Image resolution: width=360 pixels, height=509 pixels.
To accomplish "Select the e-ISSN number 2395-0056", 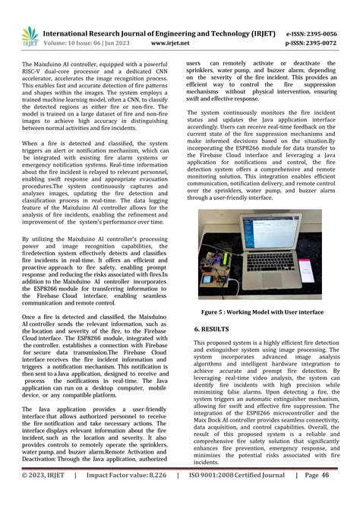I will tap(327, 33).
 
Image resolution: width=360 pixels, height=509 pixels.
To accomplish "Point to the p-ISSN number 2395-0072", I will tap(327, 43).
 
